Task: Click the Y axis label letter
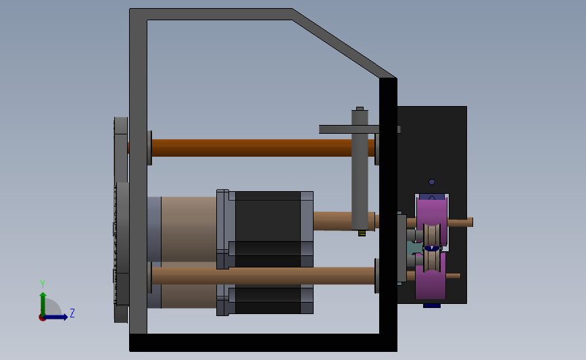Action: click(43, 284)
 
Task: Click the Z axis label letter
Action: click(72, 313)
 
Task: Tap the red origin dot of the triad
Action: click(42, 318)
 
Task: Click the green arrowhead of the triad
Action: click(43, 295)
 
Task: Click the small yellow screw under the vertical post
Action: click(362, 234)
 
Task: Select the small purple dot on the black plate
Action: click(432, 182)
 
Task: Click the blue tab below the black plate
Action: click(432, 306)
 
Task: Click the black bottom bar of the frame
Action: click(263, 342)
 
